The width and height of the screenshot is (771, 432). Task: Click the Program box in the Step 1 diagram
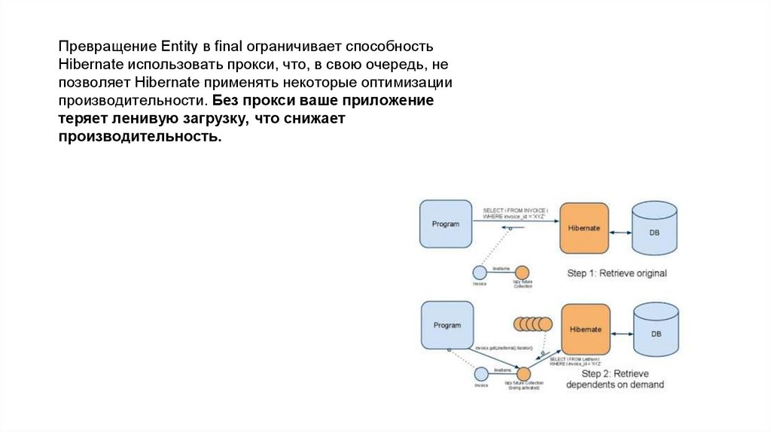445,224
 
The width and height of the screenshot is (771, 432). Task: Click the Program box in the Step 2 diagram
446,325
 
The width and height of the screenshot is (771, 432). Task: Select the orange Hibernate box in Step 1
584,228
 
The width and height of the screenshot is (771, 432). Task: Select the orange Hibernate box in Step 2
585,330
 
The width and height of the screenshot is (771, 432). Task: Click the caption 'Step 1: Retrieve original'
617,273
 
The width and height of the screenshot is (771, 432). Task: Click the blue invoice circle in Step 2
480,373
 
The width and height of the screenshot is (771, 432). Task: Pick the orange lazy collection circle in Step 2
523,373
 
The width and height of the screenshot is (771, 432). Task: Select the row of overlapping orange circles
533,324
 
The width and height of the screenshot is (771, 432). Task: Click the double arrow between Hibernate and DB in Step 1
620,232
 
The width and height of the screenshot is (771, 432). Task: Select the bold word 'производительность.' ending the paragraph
140,138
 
